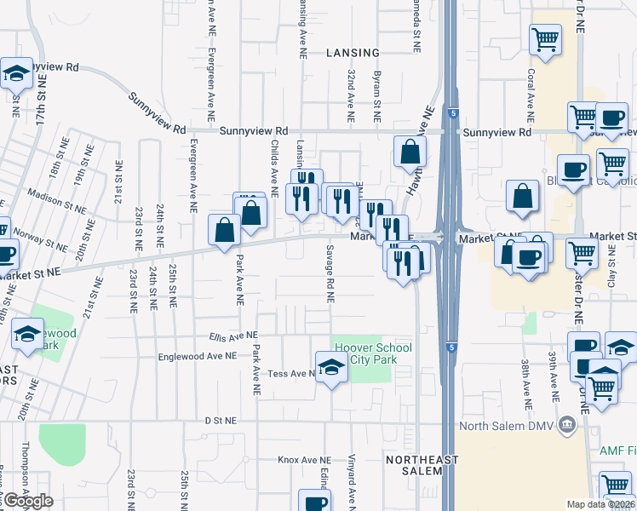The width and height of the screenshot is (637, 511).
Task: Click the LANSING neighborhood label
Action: pos(353,53)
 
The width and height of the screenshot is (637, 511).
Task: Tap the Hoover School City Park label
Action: pos(373,353)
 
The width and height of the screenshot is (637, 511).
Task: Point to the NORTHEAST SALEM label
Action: pos(422,466)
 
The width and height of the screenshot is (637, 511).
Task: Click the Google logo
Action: pos(28,501)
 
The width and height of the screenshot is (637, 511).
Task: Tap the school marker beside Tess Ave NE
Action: pos(330,367)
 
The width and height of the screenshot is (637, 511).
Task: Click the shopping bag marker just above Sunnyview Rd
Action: pos(410,152)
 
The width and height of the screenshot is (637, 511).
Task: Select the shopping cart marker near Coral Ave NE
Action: pos(545,38)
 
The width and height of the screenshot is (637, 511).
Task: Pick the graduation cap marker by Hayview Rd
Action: pos(16,74)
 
